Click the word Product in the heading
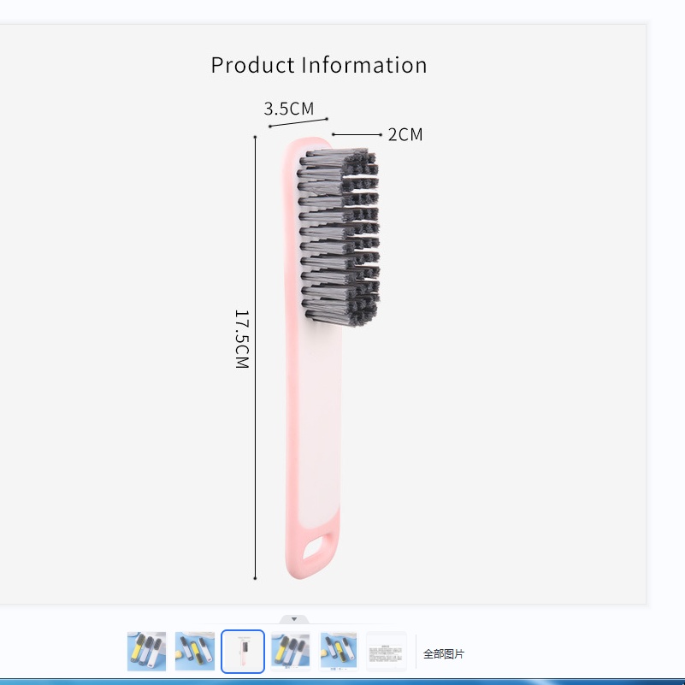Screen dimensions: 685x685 (x=252, y=66)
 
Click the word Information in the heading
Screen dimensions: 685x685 (x=364, y=66)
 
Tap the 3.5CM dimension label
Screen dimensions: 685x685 (x=289, y=109)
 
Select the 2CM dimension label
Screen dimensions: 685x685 (x=405, y=134)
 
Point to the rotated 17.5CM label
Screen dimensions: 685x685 (x=242, y=339)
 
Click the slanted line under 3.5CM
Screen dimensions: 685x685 (x=298, y=122)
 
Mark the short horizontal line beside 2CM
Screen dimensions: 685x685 (x=357, y=134)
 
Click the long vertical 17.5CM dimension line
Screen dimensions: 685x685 (x=255, y=357)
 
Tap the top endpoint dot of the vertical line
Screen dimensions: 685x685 (x=255, y=137)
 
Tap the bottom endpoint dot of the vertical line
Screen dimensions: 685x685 (x=255, y=578)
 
